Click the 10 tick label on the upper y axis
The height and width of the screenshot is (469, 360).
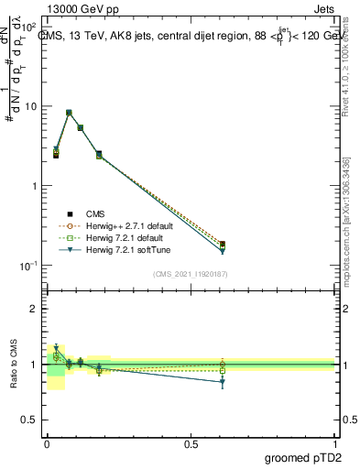click(x=31, y=106)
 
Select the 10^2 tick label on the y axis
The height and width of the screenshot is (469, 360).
click(x=30, y=27)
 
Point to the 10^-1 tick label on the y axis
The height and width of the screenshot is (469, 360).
click(x=29, y=266)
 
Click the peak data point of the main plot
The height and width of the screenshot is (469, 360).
click(x=69, y=113)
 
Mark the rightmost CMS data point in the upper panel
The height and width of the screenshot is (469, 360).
click(x=223, y=245)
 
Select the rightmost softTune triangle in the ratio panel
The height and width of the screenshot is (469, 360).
click(x=223, y=382)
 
